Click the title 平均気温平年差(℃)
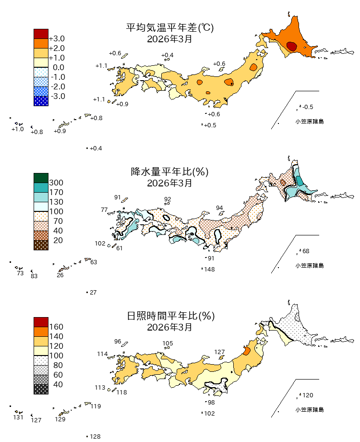(x=169, y=28)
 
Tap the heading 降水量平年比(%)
(x=169, y=172)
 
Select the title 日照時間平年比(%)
(x=169, y=316)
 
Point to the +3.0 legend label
(x=57, y=38)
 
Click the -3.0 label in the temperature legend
(x=57, y=96)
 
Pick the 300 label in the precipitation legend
(x=57, y=183)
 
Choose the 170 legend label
(x=57, y=192)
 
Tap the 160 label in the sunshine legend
(x=57, y=327)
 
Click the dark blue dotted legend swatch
(x=41, y=101)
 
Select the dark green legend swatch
(x=41, y=178)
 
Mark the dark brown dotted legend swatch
(x=41, y=245)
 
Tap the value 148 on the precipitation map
(x=209, y=269)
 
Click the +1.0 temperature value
(x=18, y=129)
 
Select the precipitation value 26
(x=60, y=275)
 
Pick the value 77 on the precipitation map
(x=104, y=210)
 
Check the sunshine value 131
(x=18, y=417)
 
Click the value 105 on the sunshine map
(x=168, y=344)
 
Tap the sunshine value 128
(x=95, y=436)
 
